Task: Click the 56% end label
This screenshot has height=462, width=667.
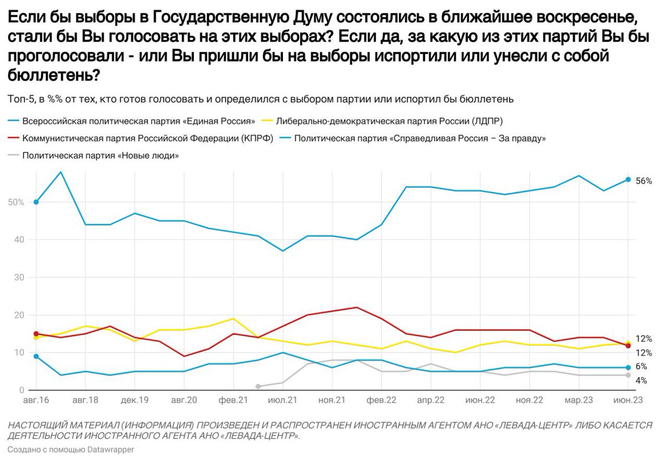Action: click(x=644, y=180)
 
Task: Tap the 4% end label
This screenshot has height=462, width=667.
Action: click(x=641, y=381)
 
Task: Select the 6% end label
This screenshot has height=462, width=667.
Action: click(x=641, y=366)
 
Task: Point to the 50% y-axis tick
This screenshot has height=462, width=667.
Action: click(x=16, y=202)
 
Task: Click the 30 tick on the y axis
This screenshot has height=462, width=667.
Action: click(x=19, y=277)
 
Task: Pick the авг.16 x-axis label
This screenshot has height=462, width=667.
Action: click(x=36, y=400)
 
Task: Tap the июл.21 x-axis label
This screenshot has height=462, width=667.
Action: click(x=283, y=400)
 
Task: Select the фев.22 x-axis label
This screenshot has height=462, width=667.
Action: click(x=381, y=400)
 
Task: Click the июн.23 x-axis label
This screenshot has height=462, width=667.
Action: click(x=628, y=400)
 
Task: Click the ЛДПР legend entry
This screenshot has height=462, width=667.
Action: click(x=389, y=120)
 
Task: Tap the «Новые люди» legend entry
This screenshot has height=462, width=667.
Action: click(x=100, y=156)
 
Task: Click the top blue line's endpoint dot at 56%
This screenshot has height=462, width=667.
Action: click(x=628, y=179)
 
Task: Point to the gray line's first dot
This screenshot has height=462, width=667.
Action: click(x=258, y=386)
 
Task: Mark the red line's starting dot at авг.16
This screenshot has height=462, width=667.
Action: click(x=36, y=334)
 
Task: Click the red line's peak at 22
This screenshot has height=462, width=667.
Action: click(x=356, y=307)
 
